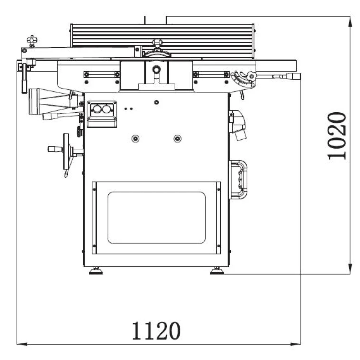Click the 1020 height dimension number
[x=336, y=136]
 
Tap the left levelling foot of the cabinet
[x=96, y=271]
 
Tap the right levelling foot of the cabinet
[x=217, y=271]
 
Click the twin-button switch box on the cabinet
[x=102, y=114]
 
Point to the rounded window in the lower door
[x=157, y=217]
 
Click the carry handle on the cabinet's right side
[x=239, y=180]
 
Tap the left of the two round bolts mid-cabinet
[x=135, y=139]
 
